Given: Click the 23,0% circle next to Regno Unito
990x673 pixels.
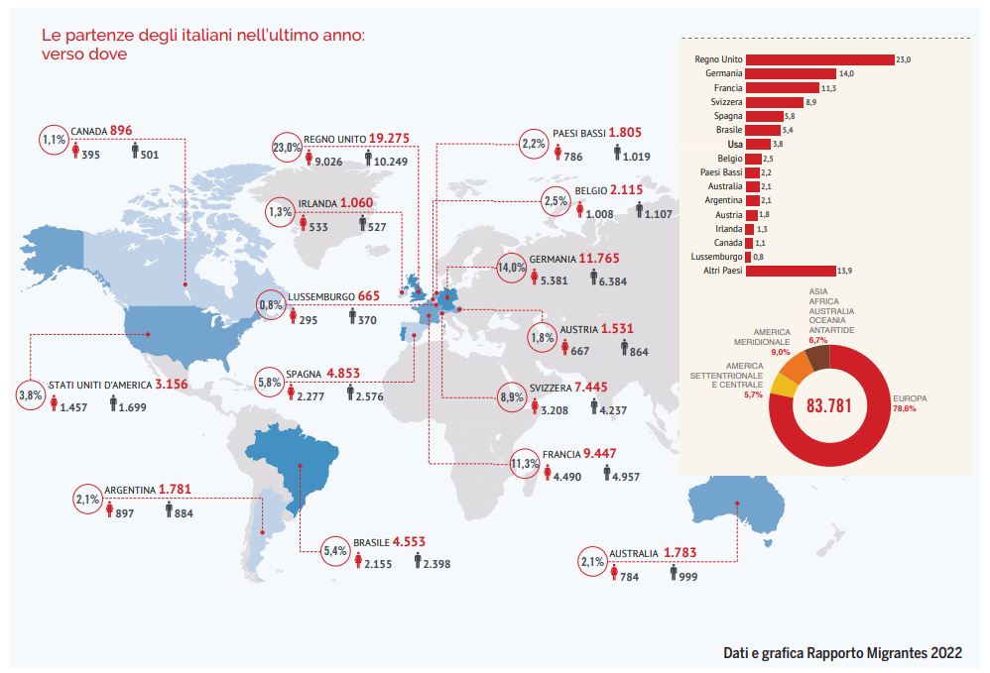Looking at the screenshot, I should [288, 149].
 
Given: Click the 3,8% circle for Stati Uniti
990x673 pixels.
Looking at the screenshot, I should [32, 394].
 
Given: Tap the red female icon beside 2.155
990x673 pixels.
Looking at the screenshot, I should [360, 563].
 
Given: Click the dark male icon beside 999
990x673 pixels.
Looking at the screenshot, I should [672, 573].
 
